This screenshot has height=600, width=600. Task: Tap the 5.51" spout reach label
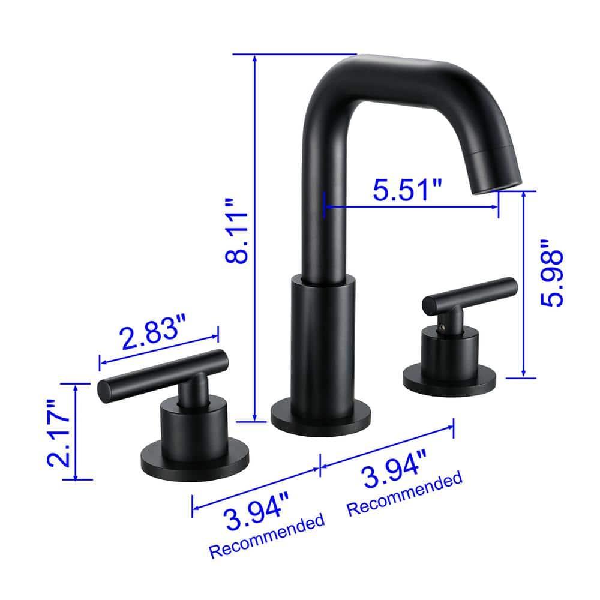[x=407, y=191]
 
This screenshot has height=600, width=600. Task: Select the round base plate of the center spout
[x=314, y=416]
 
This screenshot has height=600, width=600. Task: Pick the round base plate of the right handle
[x=450, y=377]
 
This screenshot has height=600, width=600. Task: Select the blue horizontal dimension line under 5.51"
[x=411, y=208]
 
